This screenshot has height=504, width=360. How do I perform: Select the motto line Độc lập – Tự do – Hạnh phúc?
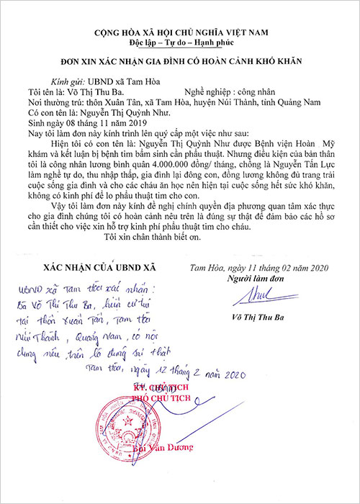coord(180,45)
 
